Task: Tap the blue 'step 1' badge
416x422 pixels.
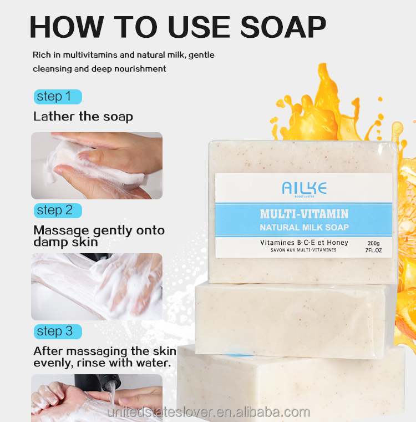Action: (57, 97)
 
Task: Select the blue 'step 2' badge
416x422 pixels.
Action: (57, 210)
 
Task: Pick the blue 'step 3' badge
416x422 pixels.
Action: (57, 331)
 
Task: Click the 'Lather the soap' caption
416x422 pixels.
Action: (83, 117)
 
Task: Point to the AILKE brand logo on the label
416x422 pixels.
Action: (304, 189)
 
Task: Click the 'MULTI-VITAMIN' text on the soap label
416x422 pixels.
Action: (304, 214)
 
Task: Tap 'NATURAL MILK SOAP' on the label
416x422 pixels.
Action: (304, 227)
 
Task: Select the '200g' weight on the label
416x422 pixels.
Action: (373, 243)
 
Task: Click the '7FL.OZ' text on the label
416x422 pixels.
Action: (374, 251)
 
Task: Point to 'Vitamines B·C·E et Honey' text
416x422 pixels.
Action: (304, 243)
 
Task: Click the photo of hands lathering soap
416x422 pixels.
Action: (97, 165)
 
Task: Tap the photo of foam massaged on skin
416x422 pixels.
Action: (97, 287)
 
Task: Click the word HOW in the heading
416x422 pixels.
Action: (65, 26)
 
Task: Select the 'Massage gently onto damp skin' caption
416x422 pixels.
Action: (99, 236)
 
